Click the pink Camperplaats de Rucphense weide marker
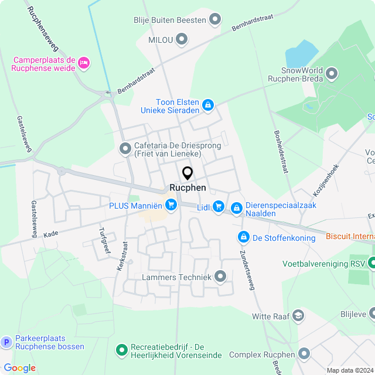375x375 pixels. point(84,63)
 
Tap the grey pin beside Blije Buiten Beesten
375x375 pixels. point(216,20)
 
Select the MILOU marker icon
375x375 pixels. point(182,39)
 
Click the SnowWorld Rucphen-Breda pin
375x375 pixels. point(332,74)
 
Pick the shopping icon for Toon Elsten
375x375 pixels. point(207,105)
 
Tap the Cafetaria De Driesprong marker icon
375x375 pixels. point(124,149)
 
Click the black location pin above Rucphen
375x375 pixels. point(187,173)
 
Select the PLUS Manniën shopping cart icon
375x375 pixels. point(171,205)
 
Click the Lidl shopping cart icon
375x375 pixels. point(219,206)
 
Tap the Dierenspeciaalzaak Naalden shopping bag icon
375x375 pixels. point(236,208)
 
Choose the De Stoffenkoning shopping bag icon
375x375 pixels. point(243,237)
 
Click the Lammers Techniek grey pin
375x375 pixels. point(220,275)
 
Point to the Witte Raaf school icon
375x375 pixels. point(298,316)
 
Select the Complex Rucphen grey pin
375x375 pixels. point(304,354)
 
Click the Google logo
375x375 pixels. point(19,368)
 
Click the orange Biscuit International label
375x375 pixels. point(350,237)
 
